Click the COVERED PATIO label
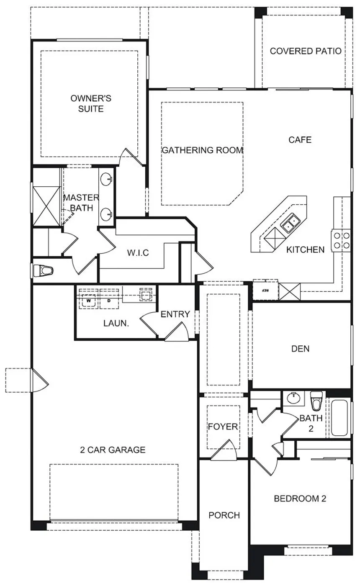(x=306, y=51)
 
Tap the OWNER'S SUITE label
(x=91, y=104)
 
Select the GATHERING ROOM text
(x=203, y=150)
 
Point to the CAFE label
(x=300, y=140)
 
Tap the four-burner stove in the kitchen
(x=341, y=241)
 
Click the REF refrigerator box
(x=265, y=290)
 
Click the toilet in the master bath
(x=43, y=270)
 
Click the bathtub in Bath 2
(x=339, y=417)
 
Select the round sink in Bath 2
(x=293, y=398)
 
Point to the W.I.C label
(x=138, y=253)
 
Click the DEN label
(x=301, y=348)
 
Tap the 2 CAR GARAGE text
(x=113, y=450)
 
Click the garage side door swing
(x=40, y=380)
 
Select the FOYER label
(x=223, y=427)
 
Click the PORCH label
(x=224, y=515)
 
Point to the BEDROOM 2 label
(x=300, y=499)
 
